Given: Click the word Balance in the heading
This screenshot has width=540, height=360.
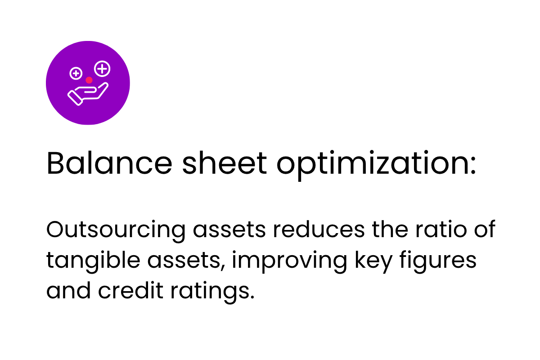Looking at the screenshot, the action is pyautogui.click(x=109, y=162).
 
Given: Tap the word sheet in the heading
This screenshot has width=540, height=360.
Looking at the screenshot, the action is pyautogui.click(x=225, y=162).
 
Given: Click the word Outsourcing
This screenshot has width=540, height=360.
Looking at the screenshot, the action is pyautogui.click(x=116, y=231).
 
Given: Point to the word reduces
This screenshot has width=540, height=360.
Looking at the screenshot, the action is pyautogui.click(x=319, y=229).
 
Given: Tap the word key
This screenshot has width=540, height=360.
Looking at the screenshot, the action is pyautogui.click(x=373, y=262).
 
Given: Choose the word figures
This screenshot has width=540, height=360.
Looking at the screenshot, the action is pyautogui.click(x=438, y=262).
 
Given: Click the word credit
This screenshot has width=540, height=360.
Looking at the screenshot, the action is pyautogui.click(x=130, y=290).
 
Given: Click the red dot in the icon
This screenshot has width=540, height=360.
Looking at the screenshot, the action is pyautogui.click(x=89, y=80).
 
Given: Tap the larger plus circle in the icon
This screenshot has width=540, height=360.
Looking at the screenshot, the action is pyautogui.click(x=102, y=69).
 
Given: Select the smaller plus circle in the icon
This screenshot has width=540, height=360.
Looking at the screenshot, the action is pyautogui.click(x=76, y=73).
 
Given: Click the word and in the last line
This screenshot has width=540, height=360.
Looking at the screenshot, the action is pyautogui.click(x=68, y=290).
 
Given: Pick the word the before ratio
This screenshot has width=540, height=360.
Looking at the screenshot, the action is pyautogui.click(x=390, y=229).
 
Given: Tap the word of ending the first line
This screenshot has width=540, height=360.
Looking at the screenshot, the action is pyautogui.click(x=485, y=229).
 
